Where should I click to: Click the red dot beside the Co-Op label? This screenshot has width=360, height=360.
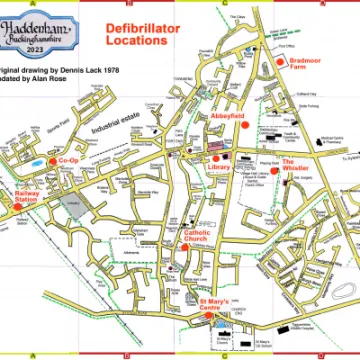[53, 160]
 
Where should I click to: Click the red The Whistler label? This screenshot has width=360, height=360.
[296, 165]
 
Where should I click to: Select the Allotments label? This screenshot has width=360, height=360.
[130, 254]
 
